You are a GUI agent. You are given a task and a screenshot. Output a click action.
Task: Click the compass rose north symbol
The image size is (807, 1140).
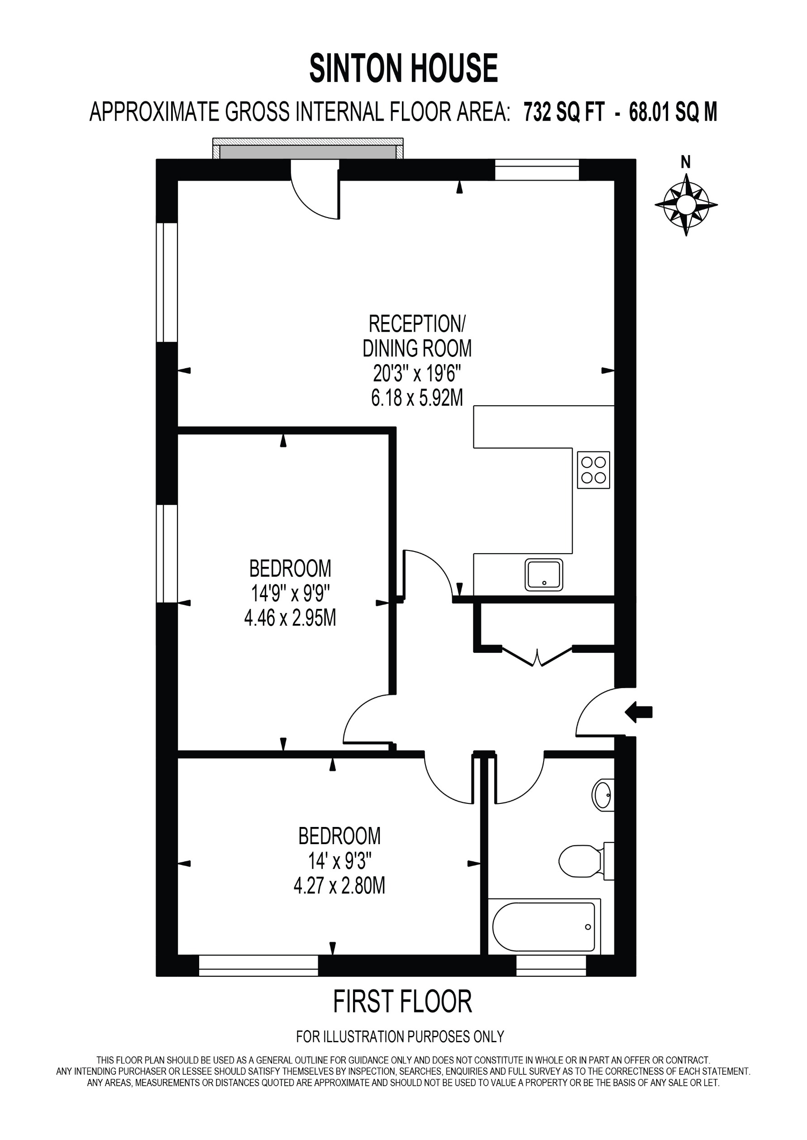coord(686,204)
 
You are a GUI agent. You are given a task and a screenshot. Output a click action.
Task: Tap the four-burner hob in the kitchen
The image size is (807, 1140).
coord(593,470)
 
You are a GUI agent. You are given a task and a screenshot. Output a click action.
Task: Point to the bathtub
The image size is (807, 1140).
coord(544,926)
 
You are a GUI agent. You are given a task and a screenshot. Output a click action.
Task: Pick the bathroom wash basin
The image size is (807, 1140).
coord(603,795)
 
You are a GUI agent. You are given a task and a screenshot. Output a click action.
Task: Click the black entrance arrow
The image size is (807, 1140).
coord(639,712)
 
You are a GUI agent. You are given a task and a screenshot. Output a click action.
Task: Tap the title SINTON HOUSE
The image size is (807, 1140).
coord(404,69)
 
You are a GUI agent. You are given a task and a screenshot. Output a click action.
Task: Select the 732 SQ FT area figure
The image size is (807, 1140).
coord(564,112)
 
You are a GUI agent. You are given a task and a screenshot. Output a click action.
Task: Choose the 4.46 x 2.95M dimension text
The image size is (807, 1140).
coord(290,618)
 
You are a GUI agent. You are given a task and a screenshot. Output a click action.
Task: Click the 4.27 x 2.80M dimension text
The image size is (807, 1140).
coord(339,886)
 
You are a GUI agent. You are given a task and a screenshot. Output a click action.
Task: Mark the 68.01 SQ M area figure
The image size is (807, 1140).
coord(673,112)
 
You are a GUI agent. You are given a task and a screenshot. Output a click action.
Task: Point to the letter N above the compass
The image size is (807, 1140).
coord(686,162)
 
